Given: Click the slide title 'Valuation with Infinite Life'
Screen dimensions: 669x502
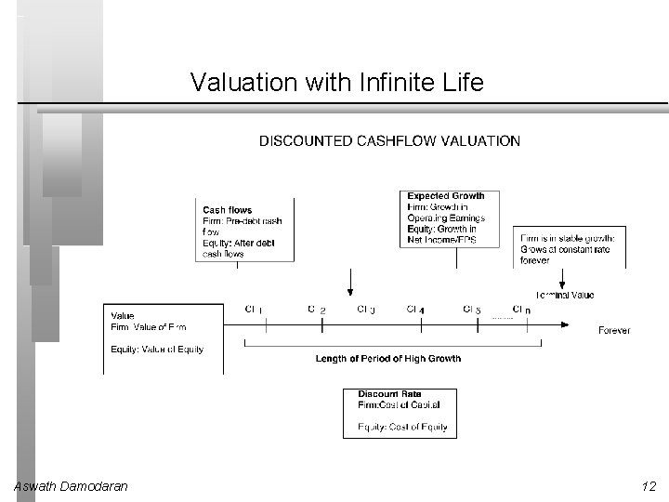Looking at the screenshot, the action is point(336,83).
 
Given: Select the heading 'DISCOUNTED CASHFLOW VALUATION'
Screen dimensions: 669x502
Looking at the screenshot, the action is point(389,141).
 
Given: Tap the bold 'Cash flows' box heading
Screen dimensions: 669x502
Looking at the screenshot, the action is point(228,210).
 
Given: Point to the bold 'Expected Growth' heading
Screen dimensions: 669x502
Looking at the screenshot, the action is point(446,196).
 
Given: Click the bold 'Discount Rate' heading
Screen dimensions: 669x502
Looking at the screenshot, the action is point(389,394).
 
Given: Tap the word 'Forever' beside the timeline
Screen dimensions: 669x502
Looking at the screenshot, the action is point(614,330).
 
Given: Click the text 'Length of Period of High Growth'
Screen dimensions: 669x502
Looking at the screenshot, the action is point(387,359).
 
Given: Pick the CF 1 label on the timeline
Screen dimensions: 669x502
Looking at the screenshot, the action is point(255,309).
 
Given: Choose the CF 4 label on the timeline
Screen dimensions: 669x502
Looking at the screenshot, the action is point(415,309).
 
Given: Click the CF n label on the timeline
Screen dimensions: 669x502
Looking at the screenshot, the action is point(522,309).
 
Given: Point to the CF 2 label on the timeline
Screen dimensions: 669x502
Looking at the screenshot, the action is point(317,309).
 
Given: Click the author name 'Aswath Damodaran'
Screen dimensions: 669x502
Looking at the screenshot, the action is point(72,486).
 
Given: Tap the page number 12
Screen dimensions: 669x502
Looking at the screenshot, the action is point(648,486).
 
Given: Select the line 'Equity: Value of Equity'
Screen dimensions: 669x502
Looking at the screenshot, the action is point(157,350).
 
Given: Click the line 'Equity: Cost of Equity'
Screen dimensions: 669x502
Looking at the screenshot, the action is point(402,428).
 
